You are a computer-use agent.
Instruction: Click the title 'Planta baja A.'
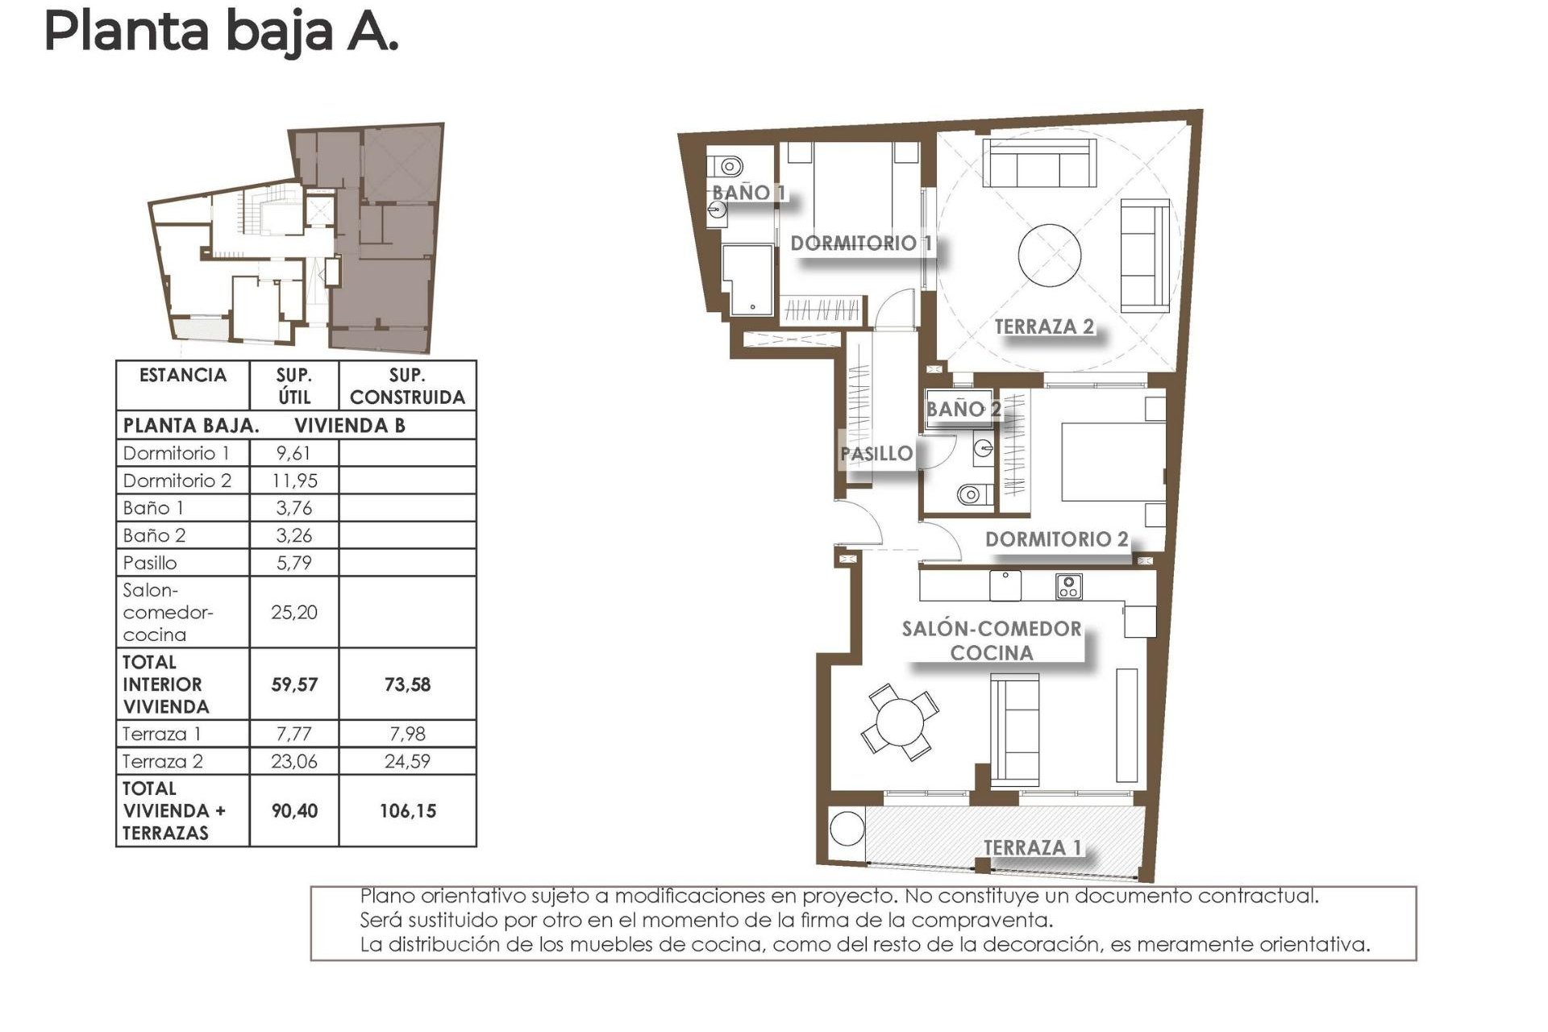pyautogui.click(x=221, y=32)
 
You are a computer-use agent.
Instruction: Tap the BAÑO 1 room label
pyautogui.click(x=748, y=193)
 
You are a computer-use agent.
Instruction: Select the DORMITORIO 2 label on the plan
pyautogui.click(x=1056, y=539)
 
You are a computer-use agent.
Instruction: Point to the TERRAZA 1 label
pyautogui.click(x=1032, y=847)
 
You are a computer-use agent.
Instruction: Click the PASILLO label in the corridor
pyautogui.click(x=876, y=454)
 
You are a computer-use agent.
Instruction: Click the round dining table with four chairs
pyautogui.click(x=899, y=722)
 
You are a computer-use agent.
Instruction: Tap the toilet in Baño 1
pyautogui.click(x=730, y=167)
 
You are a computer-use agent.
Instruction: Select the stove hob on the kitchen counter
pyautogui.click(x=1068, y=586)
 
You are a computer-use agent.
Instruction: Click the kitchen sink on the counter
pyautogui.click(x=1005, y=585)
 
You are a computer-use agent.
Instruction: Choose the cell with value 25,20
pyautogui.click(x=293, y=613)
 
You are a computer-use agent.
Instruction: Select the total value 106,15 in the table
pyautogui.click(x=407, y=811)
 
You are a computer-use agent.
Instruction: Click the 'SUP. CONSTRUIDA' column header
pyautogui.click(x=407, y=386)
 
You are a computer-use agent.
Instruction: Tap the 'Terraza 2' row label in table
pyautogui.click(x=163, y=761)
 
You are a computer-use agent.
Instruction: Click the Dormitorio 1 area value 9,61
pyautogui.click(x=293, y=453)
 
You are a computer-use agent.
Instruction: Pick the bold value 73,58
pyautogui.click(x=407, y=685)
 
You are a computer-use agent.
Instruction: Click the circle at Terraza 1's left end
pyautogui.click(x=847, y=827)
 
